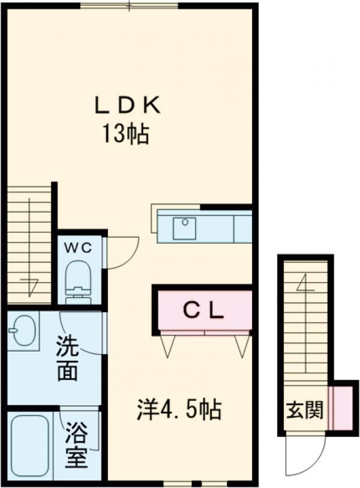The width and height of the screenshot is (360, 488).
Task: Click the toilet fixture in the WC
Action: (77, 280)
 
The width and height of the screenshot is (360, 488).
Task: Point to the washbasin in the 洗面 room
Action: (24, 331)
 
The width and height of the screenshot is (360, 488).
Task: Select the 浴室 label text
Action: (77, 445)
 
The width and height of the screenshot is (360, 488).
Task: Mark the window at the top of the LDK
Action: (129, 6)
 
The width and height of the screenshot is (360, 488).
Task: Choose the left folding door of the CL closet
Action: (169, 345)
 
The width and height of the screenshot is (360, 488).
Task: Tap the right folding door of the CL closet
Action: (242, 345)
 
